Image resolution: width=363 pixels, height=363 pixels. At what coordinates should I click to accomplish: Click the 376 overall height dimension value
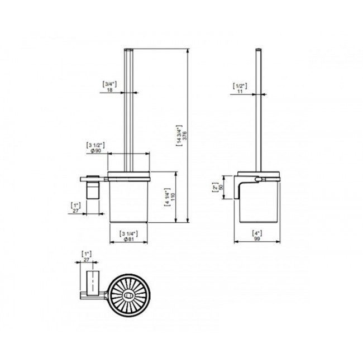[x=184, y=136]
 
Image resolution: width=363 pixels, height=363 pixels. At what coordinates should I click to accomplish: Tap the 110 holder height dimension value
[x=173, y=197]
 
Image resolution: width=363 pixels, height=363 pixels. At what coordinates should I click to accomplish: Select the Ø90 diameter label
[x=96, y=151]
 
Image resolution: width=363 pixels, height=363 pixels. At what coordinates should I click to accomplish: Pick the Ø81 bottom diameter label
[x=129, y=240]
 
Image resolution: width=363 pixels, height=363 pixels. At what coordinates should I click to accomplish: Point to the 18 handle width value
[x=109, y=90]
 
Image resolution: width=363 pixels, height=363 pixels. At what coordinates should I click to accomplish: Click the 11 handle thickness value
[x=240, y=92]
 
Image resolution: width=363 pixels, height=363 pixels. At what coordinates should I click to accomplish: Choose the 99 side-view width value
[x=257, y=239]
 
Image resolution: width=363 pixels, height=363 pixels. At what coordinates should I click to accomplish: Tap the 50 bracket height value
[x=221, y=187]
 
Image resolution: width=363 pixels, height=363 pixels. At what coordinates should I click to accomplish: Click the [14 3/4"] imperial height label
[x=179, y=136]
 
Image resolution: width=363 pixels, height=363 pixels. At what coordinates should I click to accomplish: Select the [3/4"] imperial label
[x=109, y=84]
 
